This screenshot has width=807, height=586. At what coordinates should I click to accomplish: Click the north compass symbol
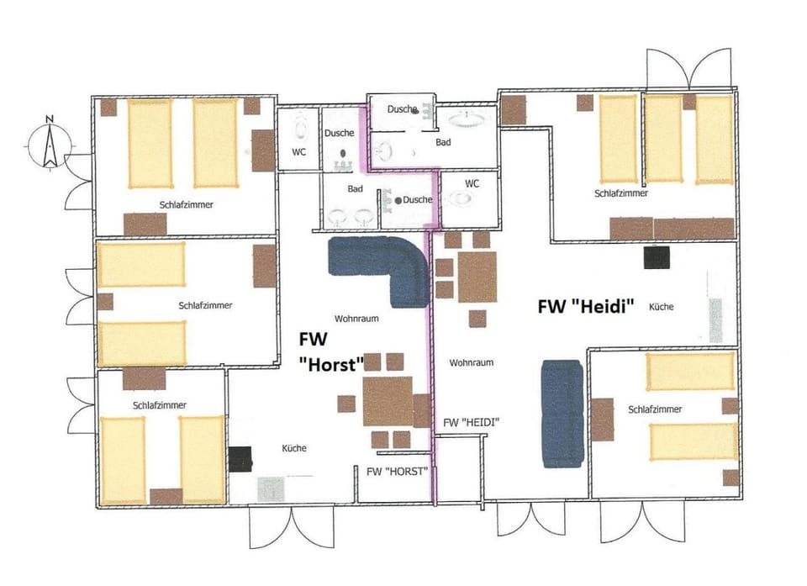point(50,144)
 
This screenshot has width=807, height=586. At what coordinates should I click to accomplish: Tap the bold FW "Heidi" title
point(585,306)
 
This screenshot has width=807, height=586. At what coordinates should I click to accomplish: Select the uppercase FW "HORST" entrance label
point(398,472)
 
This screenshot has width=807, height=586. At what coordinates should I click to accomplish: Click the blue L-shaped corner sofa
point(382,269)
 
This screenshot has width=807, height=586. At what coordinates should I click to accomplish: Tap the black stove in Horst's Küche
point(240,457)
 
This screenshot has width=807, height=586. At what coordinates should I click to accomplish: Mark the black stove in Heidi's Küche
point(656,257)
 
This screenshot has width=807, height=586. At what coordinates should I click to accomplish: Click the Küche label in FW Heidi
point(661,308)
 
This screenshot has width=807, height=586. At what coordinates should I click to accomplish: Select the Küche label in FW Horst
point(294,448)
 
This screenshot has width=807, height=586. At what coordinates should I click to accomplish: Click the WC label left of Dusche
point(298,152)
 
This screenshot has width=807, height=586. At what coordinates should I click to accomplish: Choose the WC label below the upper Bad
point(472,182)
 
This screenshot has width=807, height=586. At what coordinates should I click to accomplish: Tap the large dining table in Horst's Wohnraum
point(388,400)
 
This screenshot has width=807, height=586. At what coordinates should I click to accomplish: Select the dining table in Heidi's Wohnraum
point(477,277)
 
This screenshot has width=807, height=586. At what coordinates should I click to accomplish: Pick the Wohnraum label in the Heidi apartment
point(471,363)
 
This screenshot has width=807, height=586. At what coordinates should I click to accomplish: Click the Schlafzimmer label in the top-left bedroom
point(184,204)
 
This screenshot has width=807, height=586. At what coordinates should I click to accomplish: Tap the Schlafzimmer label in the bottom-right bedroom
point(655,409)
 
